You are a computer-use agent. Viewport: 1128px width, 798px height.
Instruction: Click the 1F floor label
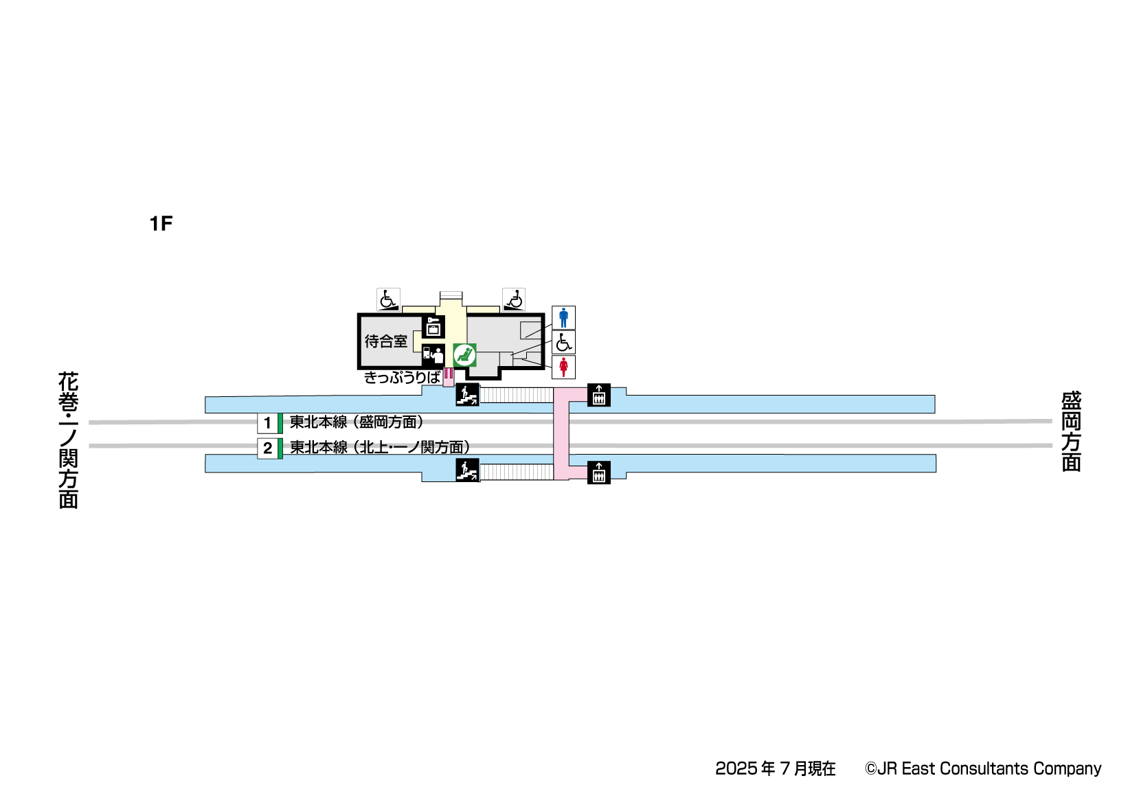tap(161, 223)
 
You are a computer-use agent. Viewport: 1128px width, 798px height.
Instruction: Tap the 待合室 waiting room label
tap(385, 341)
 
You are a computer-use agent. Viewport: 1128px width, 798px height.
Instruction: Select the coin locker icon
tap(433, 327)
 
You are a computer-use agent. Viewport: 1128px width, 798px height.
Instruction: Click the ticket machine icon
tap(433, 355)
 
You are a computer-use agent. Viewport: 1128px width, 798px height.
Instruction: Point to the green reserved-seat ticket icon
tap(465, 354)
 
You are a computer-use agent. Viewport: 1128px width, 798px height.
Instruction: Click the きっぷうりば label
tap(402, 377)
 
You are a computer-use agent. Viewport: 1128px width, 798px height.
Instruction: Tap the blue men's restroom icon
tap(563, 317)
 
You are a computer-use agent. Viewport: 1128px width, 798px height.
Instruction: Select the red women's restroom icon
tap(563, 367)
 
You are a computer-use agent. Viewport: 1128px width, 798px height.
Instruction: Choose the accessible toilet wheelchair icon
tap(563, 342)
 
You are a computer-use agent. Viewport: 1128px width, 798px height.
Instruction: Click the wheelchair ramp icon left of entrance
tap(388, 299)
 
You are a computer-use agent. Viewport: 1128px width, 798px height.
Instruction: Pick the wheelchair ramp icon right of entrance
tap(514, 299)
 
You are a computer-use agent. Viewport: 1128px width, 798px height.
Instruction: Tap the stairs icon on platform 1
tap(467, 395)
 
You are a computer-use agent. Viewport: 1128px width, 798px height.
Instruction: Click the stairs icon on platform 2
tap(467, 470)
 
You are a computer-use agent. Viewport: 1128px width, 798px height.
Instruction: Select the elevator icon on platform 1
tap(599, 395)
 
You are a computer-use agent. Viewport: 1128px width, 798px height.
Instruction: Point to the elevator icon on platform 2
tap(599, 472)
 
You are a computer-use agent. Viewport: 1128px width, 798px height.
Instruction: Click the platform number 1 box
tap(268, 423)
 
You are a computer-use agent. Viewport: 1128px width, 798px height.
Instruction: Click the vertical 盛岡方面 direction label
tap(1071, 431)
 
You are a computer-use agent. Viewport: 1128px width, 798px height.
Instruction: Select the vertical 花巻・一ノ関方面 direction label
tap(68, 440)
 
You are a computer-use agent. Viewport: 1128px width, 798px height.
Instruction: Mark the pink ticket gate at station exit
tap(449, 374)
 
